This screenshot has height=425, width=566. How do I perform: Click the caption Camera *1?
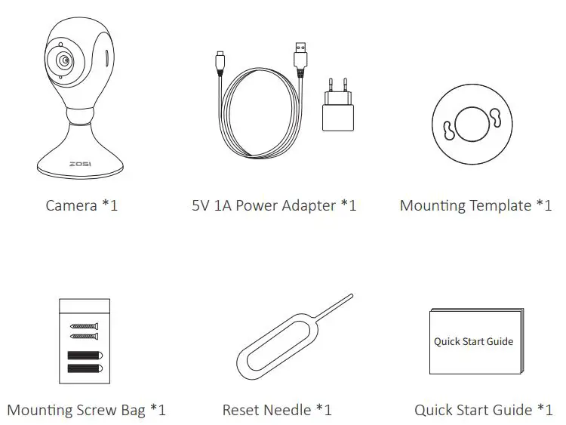tap(82, 205)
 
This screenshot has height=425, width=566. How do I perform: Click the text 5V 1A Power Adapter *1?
tap(274, 205)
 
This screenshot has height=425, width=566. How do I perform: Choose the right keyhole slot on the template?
tap(497, 115)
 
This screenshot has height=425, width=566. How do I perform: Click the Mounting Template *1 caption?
tap(475, 205)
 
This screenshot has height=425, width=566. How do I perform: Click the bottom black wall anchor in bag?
tap(85, 368)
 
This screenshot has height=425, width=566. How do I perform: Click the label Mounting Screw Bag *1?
tap(86, 411)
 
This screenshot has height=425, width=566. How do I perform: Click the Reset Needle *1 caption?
tap(277, 411)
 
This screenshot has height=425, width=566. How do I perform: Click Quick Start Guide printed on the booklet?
tap(473, 341)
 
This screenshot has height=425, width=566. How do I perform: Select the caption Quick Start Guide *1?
tap(483, 411)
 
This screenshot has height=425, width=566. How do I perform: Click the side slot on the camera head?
tap(106, 59)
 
